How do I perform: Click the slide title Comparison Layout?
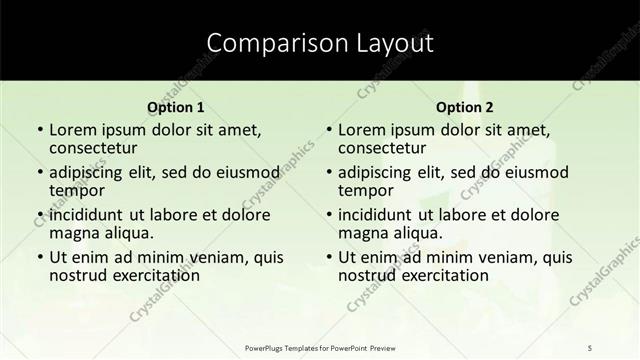[320, 43]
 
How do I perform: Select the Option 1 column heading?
[176, 107]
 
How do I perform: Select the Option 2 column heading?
[464, 107]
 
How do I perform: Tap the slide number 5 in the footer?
[591, 346]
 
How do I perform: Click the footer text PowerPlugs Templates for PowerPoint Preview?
[320, 346]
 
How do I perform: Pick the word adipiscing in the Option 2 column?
[380, 172]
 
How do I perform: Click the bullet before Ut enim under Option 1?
[39, 257]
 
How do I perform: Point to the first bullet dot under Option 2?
[328, 131]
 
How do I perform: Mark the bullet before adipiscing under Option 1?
[39, 173]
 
